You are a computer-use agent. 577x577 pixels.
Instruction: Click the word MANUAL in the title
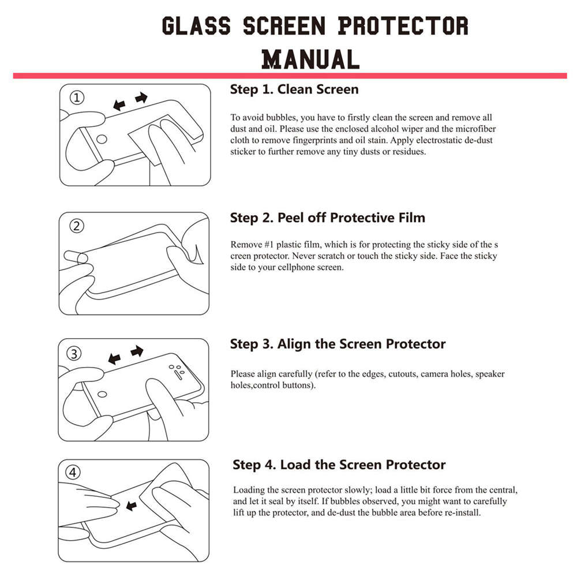point(310,59)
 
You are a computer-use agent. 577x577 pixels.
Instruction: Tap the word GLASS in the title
point(196,27)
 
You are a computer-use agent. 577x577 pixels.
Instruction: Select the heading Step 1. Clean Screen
point(294,89)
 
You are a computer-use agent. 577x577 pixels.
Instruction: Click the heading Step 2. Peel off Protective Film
point(327,218)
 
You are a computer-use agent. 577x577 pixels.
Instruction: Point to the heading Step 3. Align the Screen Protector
point(338,344)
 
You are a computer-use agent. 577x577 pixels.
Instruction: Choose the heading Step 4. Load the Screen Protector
point(339,465)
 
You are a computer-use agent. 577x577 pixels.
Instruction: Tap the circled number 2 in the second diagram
point(77,226)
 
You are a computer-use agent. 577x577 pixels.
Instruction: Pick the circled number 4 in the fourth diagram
point(73,473)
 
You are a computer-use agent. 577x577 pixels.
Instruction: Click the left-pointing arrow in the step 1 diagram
point(119,105)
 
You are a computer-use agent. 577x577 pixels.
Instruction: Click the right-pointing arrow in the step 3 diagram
point(137,351)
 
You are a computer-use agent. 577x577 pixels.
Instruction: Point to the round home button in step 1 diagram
point(102,139)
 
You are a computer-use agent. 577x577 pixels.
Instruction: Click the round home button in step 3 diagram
point(102,394)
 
